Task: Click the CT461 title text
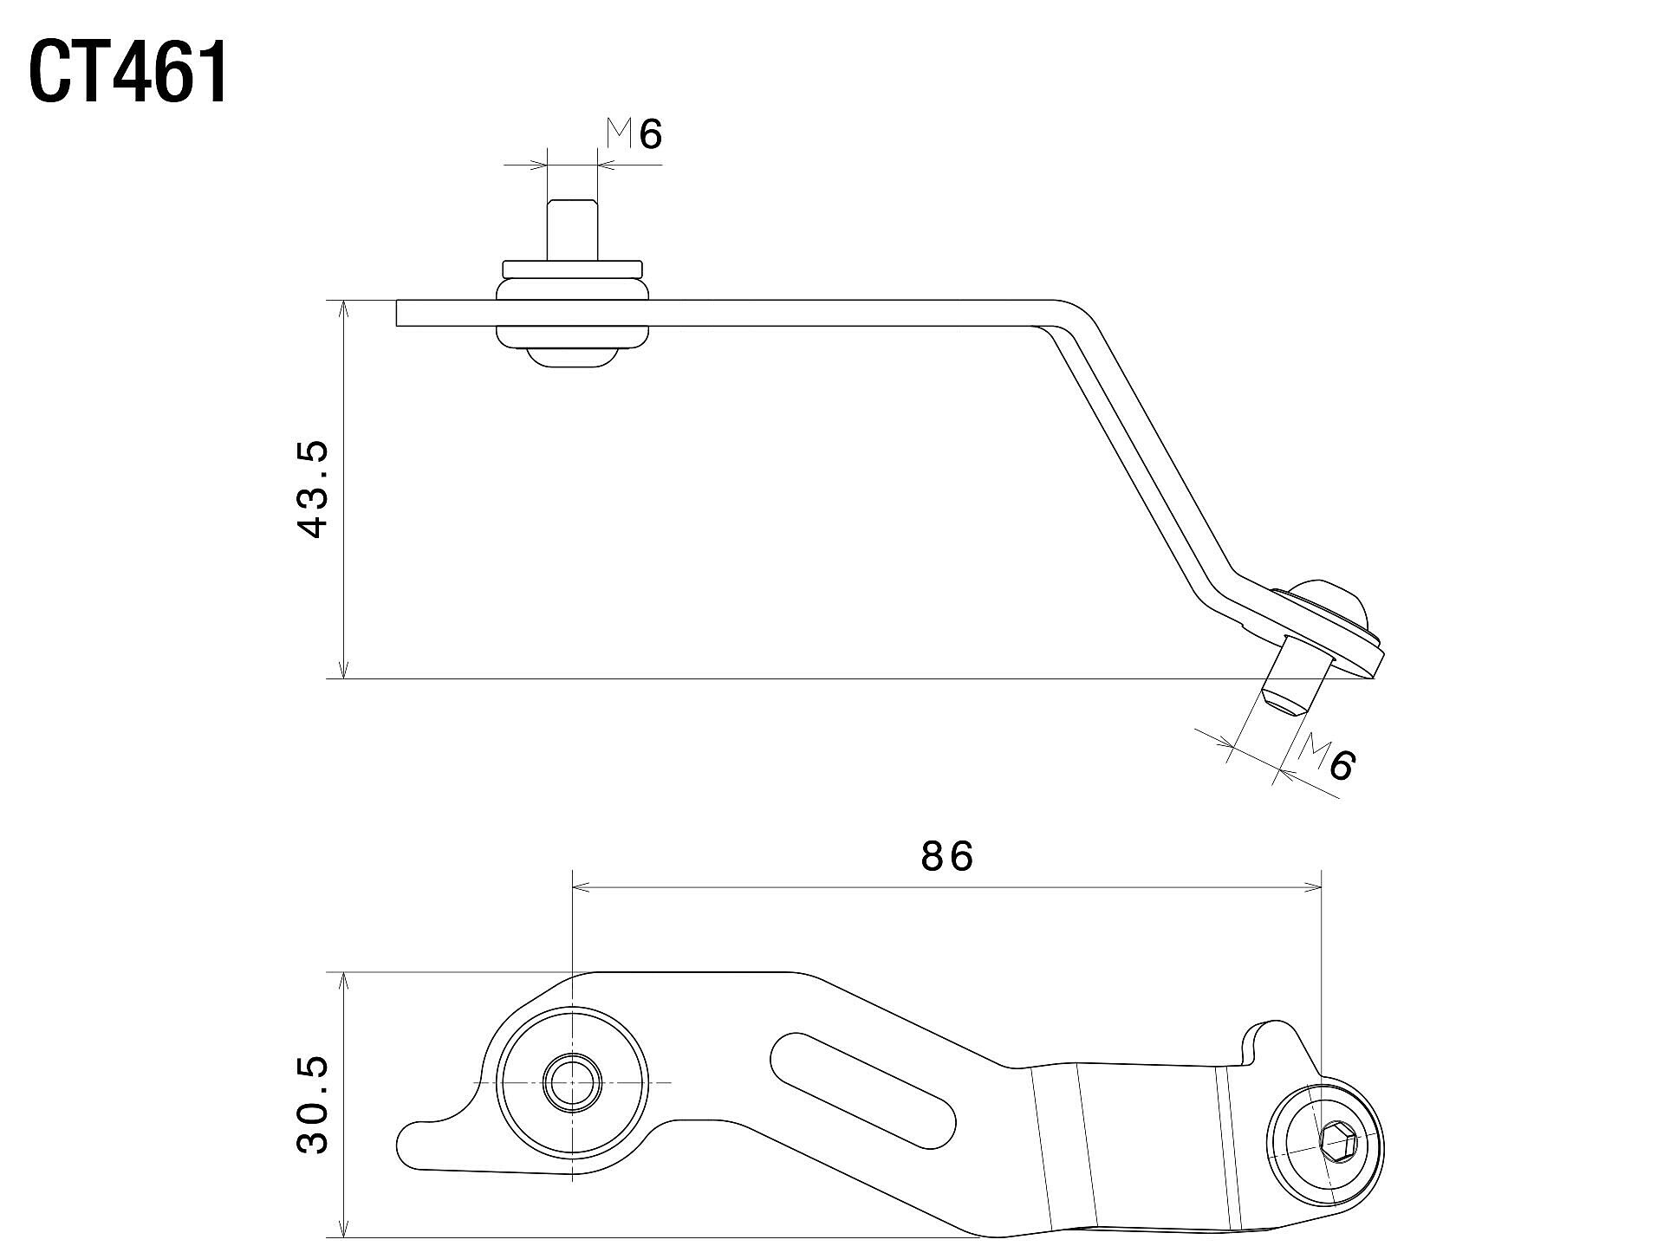coord(130,74)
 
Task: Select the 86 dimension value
coord(946,857)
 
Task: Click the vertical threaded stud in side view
coord(572,228)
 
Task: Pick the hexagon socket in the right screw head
coord(1338,1150)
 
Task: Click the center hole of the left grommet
coord(572,1083)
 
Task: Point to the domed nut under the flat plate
coord(572,358)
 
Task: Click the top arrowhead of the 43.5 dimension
coord(345,308)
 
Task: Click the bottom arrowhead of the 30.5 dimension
coord(345,1229)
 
